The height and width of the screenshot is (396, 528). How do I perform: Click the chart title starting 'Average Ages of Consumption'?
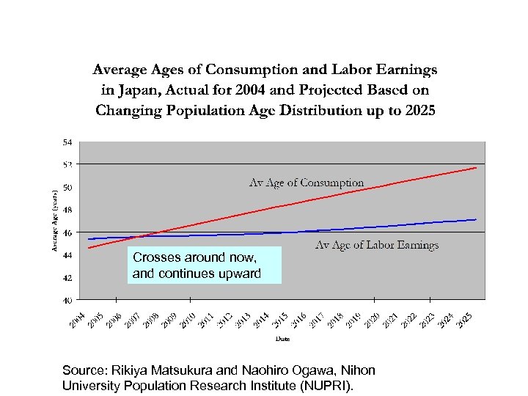click(264, 89)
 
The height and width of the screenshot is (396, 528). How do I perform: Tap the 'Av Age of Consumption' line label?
click(307, 182)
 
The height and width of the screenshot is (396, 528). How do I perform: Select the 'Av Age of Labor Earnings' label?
click(376, 245)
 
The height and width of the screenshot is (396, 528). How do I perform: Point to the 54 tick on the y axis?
click(67, 142)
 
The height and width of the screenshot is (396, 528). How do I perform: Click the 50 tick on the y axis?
click(67, 187)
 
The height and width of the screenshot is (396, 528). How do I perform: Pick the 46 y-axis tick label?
click(67, 232)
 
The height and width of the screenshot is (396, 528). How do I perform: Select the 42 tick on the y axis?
click(67, 278)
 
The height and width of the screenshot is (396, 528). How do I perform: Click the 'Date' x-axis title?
click(282, 339)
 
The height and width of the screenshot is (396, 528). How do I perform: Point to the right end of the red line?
click(477, 168)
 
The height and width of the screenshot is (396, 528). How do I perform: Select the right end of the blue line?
click(477, 219)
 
